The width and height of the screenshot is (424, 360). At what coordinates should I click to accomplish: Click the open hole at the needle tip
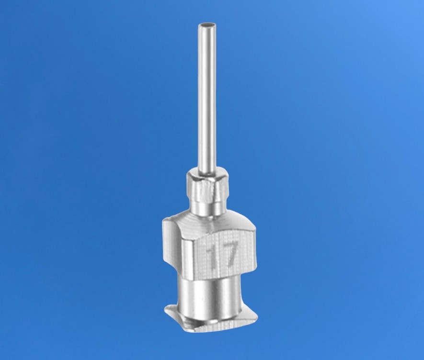207,26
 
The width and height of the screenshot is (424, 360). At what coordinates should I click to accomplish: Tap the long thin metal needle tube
207,97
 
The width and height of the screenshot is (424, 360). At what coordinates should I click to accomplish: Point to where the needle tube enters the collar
207,173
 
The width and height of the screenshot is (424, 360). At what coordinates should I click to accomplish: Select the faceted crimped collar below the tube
207,187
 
